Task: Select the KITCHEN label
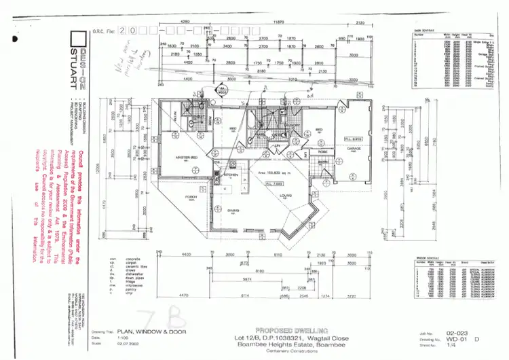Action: (x=231, y=175)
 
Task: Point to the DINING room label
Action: (x=233, y=211)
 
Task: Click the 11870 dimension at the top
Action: (x=278, y=22)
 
